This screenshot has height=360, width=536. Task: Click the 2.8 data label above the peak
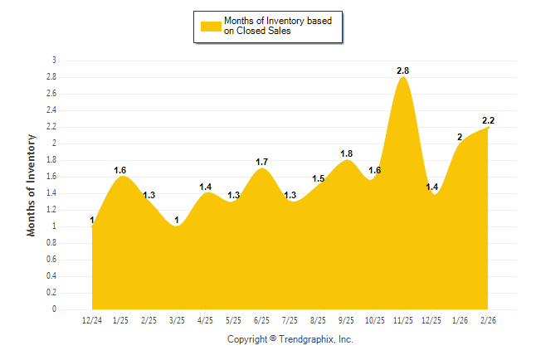(404, 71)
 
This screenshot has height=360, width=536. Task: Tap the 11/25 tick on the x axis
(403, 319)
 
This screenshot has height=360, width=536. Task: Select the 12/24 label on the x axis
(92, 319)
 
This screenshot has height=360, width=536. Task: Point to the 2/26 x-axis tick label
(487, 319)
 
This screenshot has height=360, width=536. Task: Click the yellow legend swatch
(210, 27)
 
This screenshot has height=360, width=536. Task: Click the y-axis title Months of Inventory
(32, 185)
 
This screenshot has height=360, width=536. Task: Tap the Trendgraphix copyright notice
(290, 340)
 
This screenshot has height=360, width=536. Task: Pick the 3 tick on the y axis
(54, 61)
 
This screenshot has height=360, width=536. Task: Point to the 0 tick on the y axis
(54, 309)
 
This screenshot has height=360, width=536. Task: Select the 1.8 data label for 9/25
(347, 153)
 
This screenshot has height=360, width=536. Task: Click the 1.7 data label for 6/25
(261, 162)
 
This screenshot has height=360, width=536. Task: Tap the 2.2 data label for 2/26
(488, 121)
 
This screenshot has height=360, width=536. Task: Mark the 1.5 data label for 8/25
(319, 178)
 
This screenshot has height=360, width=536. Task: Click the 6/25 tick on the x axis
(261, 319)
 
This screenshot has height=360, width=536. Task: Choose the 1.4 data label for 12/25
(431, 187)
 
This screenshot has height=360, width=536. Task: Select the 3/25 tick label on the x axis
(177, 319)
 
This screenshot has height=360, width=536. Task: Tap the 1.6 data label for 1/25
(121, 170)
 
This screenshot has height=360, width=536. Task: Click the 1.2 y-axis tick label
(51, 210)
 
